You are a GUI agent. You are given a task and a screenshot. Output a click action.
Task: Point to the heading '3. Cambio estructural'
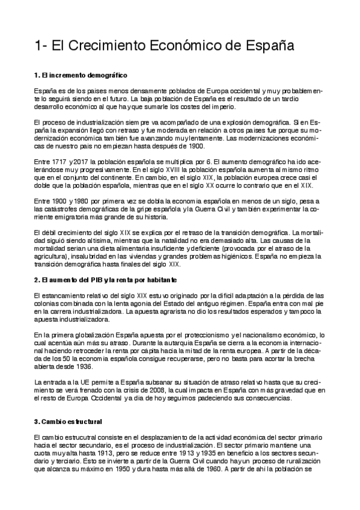click(68, 420)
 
